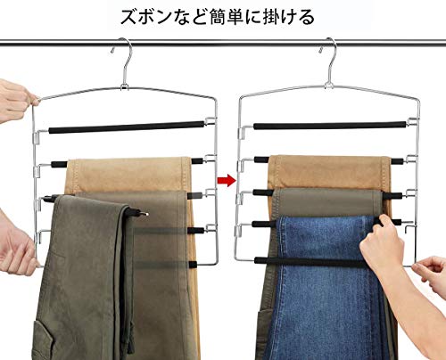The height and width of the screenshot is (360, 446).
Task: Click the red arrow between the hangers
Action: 227,180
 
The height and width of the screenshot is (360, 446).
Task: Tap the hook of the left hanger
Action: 128,47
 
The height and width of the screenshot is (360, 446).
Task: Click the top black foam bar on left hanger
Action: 127,127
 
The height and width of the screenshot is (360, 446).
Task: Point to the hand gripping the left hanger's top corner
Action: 16,100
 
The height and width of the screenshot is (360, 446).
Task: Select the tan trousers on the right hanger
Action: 329,172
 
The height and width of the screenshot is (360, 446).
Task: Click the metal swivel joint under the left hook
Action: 124,86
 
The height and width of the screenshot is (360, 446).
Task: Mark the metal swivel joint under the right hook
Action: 329,85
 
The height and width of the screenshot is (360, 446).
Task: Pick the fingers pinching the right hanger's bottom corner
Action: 430,272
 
